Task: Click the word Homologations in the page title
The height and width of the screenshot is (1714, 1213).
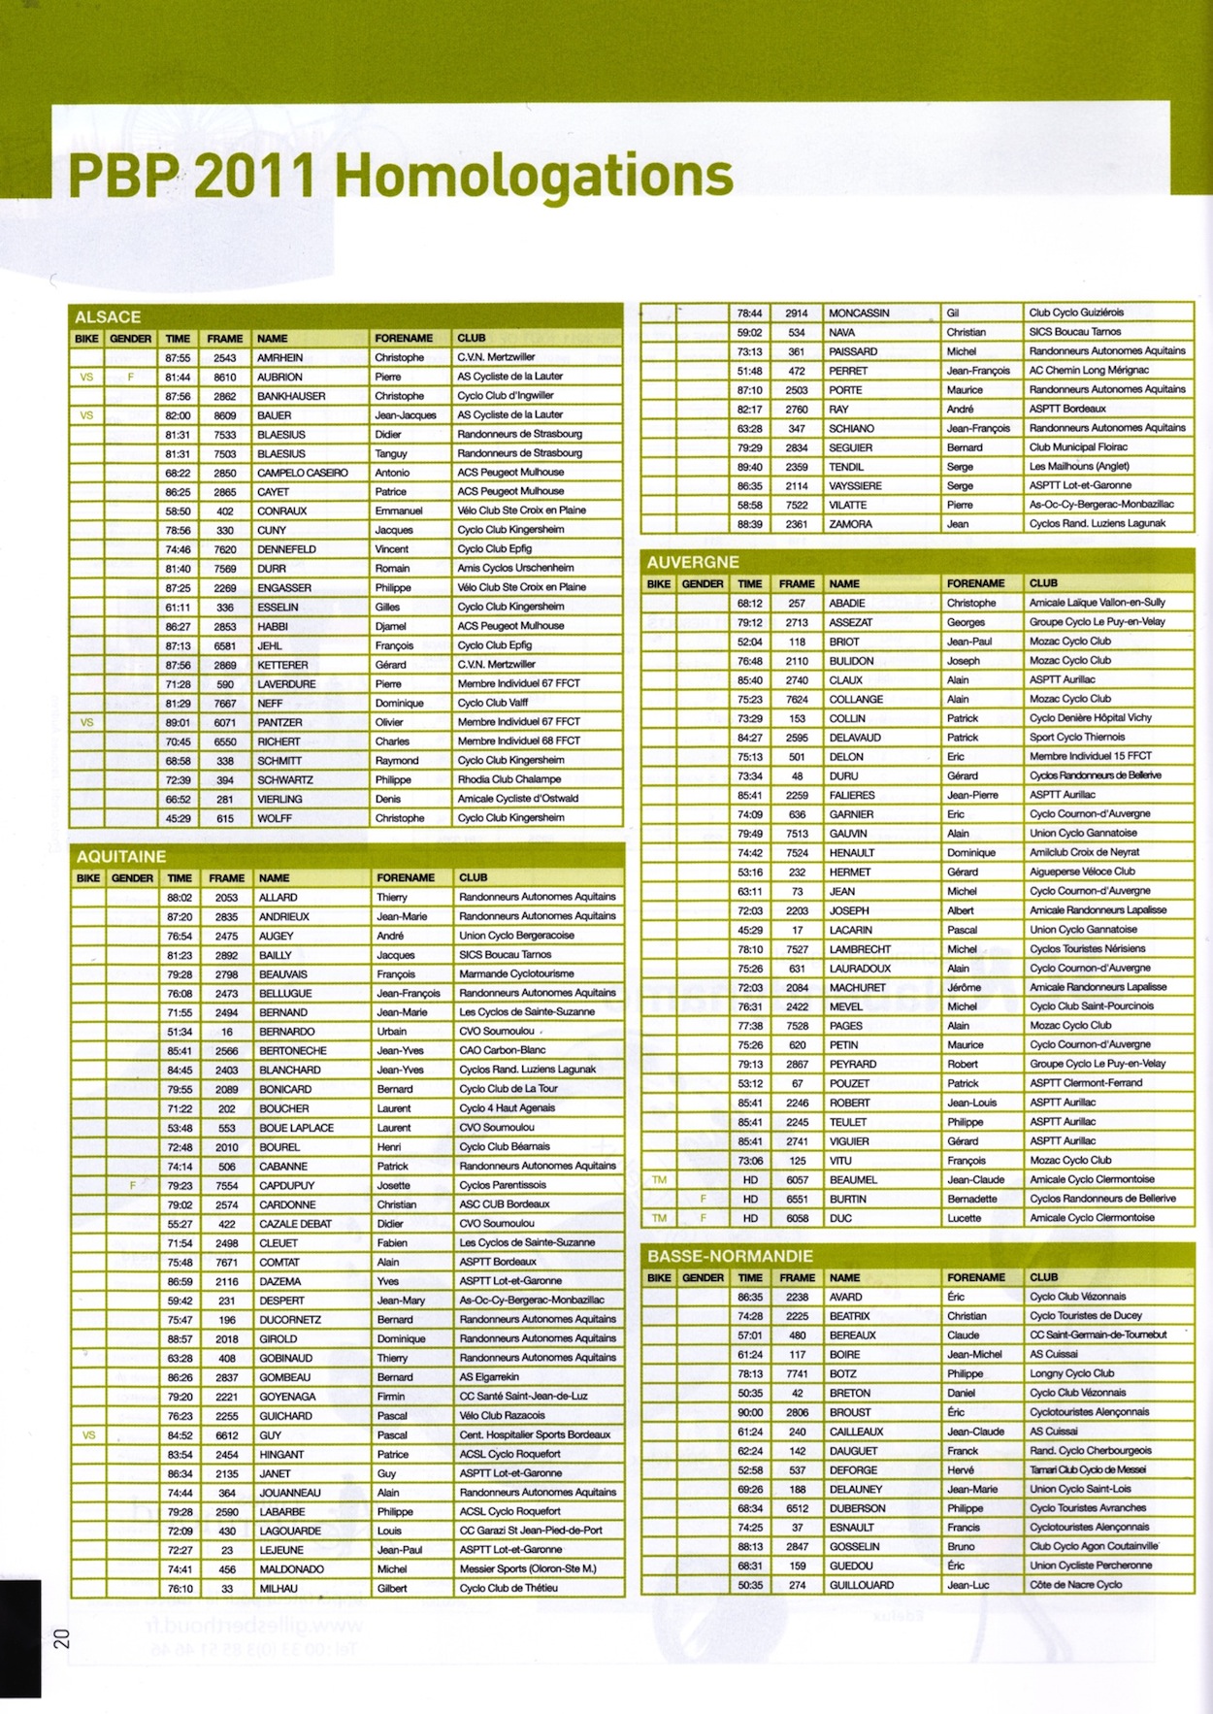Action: (534, 177)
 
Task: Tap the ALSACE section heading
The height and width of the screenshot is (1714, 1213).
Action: (108, 317)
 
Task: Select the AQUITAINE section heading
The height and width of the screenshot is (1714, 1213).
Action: (121, 857)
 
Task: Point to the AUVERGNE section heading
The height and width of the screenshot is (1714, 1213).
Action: (693, 563)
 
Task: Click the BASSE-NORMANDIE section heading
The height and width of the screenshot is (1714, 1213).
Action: (730, 1257)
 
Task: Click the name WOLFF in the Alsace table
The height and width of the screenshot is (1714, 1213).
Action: (275, 818)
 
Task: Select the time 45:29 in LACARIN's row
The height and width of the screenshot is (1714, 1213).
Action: (749, 930)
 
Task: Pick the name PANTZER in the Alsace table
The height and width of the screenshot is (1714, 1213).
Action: (279, 722)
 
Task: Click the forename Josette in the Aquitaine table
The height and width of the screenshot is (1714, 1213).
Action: (393, 1185)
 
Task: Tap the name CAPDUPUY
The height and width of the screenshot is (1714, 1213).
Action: (287, 1185)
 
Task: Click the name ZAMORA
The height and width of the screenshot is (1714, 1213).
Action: (851, 524)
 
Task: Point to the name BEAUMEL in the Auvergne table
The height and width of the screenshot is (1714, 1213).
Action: (853, 1180)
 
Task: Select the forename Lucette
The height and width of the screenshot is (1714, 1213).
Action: (965, 1218)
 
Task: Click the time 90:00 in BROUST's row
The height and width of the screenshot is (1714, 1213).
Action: (750, 1412)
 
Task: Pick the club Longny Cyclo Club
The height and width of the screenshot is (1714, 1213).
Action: (1071, 1373)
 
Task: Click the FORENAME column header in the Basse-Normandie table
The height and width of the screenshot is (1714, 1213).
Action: (976, 1277)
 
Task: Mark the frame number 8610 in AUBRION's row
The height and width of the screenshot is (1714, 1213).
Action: (225, 377)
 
